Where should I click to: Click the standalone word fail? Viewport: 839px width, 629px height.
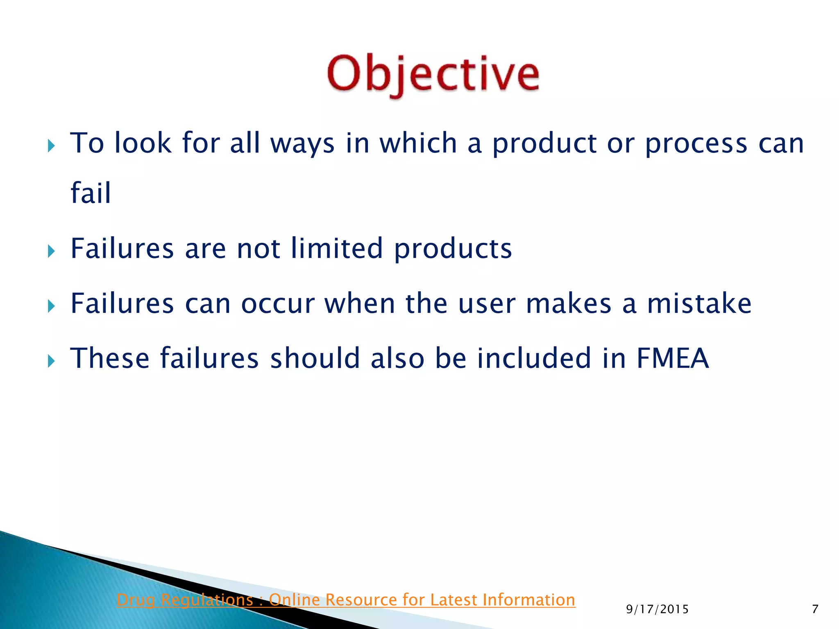click(x=91, y=192)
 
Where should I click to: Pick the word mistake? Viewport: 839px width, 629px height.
click(x=699, y=303)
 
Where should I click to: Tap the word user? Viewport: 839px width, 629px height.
click(x=487, y=304)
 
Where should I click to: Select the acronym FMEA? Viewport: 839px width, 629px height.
click(x=672, y=358)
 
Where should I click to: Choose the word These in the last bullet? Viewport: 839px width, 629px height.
click(x=110, y=358)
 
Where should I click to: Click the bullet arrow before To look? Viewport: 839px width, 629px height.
click(x=51, y=145)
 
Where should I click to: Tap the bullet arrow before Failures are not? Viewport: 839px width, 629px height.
click(x=51, y=251)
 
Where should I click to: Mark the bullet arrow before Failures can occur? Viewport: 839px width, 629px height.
click(x=51, y=305)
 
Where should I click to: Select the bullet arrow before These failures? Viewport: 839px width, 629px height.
click(x=51, y=361)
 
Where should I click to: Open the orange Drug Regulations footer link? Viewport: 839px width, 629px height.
click(x=346, y=600)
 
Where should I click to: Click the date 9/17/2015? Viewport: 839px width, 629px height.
click(x=657, y=609)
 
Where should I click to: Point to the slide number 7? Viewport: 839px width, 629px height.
click(x=815, y=609)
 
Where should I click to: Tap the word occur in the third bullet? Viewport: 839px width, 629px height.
click(x=278, y=304)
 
